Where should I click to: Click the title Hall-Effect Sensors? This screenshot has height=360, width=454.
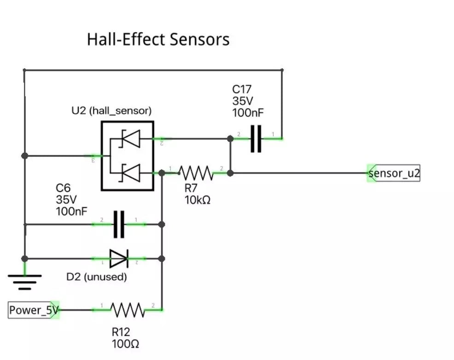[x=158, y=40]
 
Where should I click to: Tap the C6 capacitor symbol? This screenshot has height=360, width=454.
[x=119, y=224]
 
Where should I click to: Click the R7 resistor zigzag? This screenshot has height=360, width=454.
[x=196, y=173]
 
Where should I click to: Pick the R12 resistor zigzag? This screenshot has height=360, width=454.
[x=128, y=310]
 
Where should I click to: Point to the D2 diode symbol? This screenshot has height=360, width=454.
[x=118, y=259]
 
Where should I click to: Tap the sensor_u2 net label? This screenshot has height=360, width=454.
[x=394, y=174]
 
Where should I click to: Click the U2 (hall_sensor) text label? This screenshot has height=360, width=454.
[x=111, y=111]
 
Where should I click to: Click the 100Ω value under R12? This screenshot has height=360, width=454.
[x=125, y=343]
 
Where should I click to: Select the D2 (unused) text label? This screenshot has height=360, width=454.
[x=97, y=277]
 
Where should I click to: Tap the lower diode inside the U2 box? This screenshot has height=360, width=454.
[x=130, y=173]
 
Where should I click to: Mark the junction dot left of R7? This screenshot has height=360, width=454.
[x=162, y=173]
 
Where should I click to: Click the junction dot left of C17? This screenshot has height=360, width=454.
[x=230, y=138]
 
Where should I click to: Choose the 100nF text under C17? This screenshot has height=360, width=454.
[x=248, y=113]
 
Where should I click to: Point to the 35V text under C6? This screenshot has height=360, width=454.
[x=66, y=200]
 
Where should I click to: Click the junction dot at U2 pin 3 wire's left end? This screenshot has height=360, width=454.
[x=25, y=156]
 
